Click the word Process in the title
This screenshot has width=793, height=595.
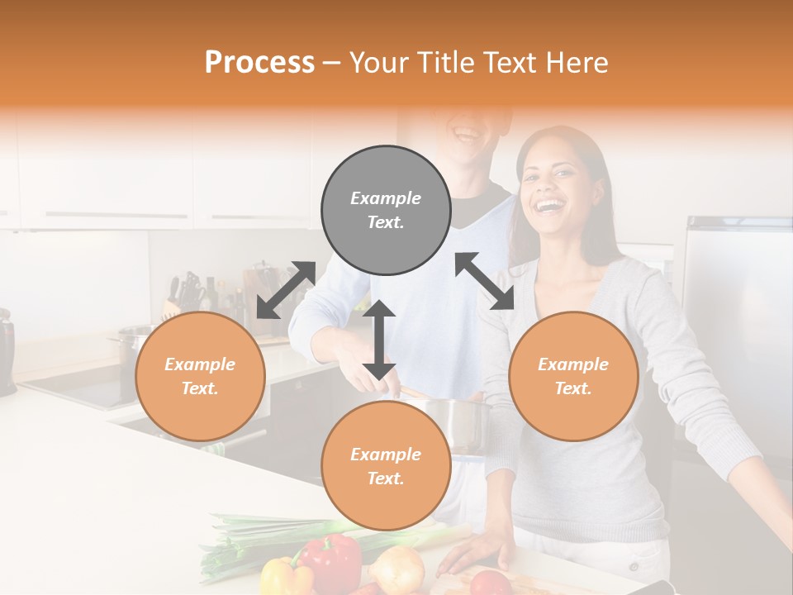[259, 63]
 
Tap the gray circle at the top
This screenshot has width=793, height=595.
[386, 210]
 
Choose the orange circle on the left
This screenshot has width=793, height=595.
[200, 376]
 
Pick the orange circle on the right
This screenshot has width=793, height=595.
[573, 376]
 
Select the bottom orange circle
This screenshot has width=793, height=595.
[386, 466]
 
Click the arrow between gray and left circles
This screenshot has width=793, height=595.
[286, 289]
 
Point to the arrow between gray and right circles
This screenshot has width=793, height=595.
[485, 281]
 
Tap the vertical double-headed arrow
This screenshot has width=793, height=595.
[379, 340]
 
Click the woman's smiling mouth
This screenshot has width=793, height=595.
[548, 202]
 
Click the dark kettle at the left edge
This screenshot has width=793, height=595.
[7, 351]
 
